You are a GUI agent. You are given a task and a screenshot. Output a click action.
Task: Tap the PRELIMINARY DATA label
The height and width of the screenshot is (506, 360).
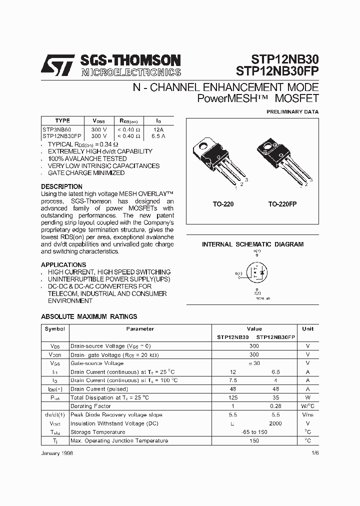[292, 111]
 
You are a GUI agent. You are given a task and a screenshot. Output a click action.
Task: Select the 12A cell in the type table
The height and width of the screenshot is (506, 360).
[158, 129]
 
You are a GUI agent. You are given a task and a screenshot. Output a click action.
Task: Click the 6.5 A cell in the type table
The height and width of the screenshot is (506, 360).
[158, 135]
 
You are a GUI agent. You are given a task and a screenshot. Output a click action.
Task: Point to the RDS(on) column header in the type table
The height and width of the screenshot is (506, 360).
[129, 121]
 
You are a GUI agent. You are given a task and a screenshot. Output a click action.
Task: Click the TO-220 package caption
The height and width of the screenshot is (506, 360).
[223, 204]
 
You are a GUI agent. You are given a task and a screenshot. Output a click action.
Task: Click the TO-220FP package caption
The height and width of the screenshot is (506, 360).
[282, 204]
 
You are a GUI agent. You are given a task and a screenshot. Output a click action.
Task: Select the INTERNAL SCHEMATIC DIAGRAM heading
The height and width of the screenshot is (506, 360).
[252, 244]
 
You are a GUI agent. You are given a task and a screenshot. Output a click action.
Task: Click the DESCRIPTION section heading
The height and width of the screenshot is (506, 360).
[61, 186]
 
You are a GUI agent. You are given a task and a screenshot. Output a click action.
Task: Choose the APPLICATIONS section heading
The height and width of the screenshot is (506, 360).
[63, 264]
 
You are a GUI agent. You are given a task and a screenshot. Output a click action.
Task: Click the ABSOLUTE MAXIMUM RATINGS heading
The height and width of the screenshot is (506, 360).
[89, 316]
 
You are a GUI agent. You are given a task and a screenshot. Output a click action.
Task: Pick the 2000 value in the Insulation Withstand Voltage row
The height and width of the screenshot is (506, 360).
[275, 423]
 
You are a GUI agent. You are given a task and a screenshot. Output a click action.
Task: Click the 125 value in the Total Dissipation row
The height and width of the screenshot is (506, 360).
[232, 397]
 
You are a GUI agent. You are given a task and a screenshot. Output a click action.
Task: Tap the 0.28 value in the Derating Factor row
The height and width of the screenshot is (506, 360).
[275, 406]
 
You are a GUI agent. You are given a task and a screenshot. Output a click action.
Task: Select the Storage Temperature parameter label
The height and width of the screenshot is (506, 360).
[98, 432]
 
